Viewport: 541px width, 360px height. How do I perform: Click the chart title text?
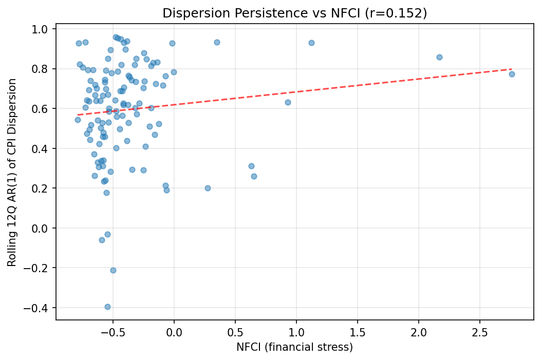point(294,13)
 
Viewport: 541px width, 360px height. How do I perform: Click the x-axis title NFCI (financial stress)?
point(294,347)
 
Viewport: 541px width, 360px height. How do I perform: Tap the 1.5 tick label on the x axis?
point(358,333)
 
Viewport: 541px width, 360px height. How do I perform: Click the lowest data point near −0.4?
point(107,307)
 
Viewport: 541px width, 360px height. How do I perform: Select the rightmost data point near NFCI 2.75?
point(512,74)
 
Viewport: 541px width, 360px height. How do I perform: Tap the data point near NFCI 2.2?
point(439,57)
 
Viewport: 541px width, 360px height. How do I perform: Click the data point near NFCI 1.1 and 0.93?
point(311,43)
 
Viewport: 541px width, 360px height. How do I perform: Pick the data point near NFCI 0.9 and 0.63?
point(288,102)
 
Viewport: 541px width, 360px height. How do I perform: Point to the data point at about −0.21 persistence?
point(113,270)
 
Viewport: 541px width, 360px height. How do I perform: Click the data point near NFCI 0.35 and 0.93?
point(217,42)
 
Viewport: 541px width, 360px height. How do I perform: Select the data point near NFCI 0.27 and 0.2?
point(208,188)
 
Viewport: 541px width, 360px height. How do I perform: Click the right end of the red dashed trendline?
point(512,69)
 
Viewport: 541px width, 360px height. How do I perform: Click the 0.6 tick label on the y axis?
point(42,109)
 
